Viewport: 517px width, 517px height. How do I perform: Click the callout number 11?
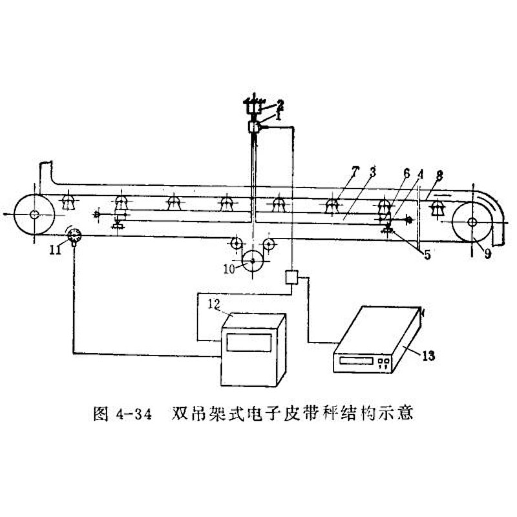[x=55, y=250]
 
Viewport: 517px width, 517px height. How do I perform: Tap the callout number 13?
[x=428, y=356]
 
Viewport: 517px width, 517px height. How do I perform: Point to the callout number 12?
[x=214, y=304]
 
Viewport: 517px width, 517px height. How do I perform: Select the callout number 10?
[x=229, y=269]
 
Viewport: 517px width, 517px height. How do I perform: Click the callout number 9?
[x=487, y=253]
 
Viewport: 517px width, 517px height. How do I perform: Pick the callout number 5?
[x=427, y=255]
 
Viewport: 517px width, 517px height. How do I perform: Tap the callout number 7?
[x=354, y=172]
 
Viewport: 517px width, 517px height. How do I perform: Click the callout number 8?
[x=439, y=175]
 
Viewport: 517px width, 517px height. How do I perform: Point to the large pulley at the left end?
[x=34, y=215]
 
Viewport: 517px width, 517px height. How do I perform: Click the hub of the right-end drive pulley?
[x=472, y=222]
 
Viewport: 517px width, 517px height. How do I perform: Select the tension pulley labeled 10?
[x=253, y=261]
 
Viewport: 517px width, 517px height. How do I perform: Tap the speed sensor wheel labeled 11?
[x=74, y=236]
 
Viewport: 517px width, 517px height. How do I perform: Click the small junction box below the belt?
[x=291, y=277]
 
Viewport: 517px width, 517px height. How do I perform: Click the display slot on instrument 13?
[x=357, y=361]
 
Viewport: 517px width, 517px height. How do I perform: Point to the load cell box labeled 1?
[x=253, y=127]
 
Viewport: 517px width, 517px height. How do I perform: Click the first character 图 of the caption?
[x=101, y=414]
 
